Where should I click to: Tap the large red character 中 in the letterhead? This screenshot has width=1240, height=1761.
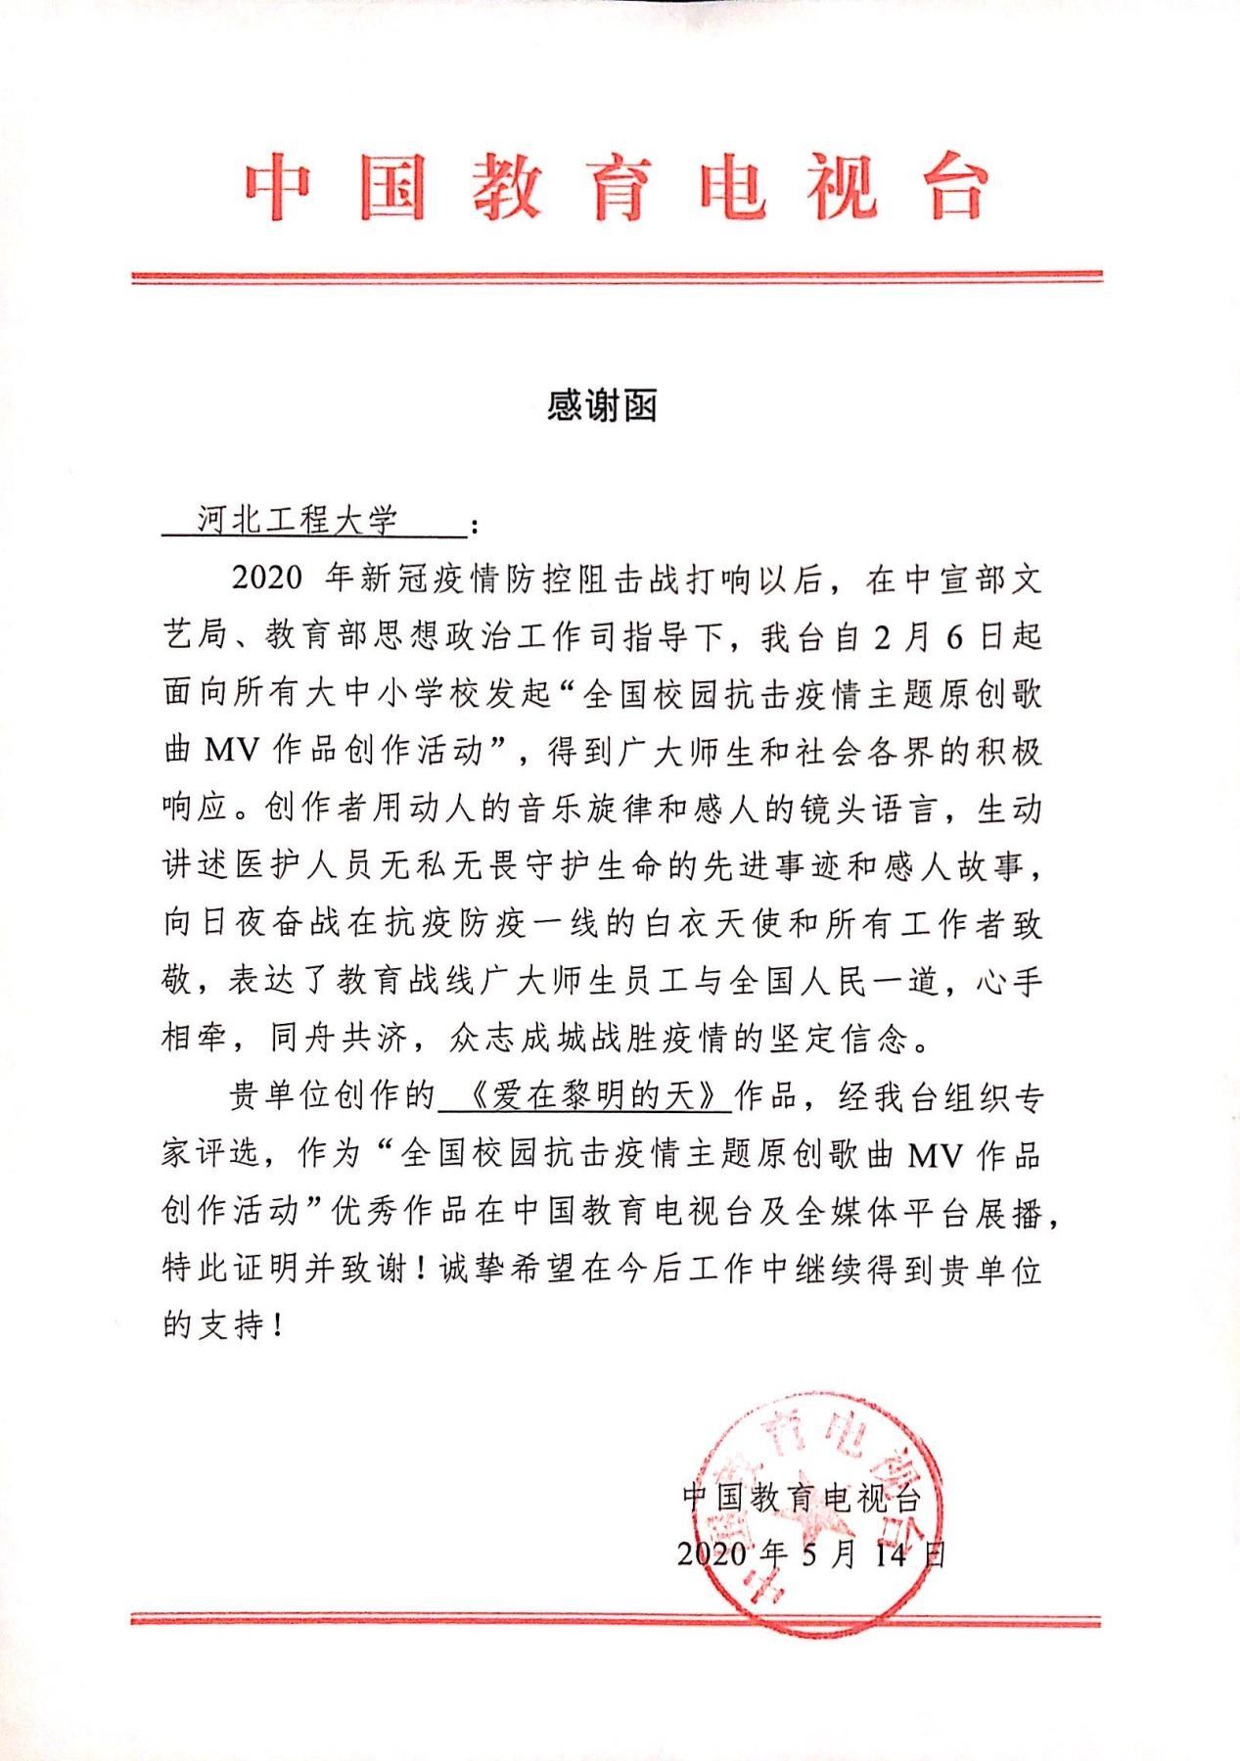click(278, 188)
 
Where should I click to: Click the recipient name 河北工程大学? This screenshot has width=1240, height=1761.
click(298, 521)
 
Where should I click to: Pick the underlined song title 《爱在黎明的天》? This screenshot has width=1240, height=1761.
click(586, 1096)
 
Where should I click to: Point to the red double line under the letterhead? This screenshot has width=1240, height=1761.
click(617, 278)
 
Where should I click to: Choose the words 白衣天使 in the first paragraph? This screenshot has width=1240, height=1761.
click(714, 925)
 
